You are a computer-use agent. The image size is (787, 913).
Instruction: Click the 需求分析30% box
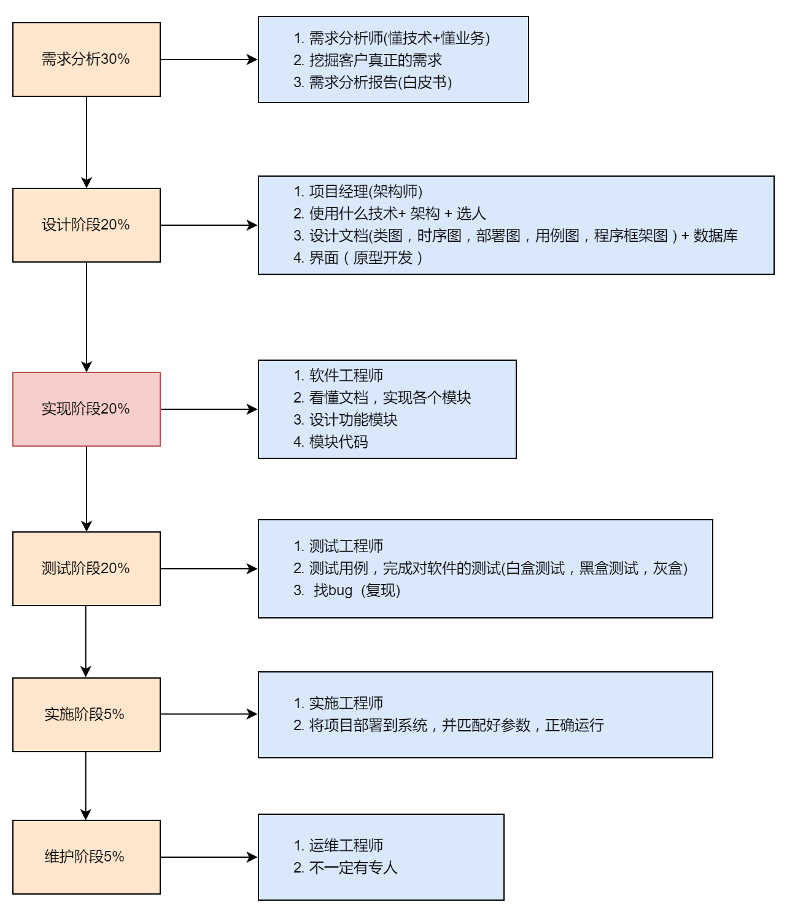pyautogui.click(x=86, y=60)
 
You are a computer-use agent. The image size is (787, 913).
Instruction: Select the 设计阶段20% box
pyautogui.click(x=86, y=225)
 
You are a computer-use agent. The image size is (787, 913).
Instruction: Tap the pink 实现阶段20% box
pyautogui.click(x=86, y=409)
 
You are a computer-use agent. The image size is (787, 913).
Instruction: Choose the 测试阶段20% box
pyautogui.click(x=86, y=569)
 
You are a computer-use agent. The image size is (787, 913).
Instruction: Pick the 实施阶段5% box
pyautogui.click(x=86, y=715)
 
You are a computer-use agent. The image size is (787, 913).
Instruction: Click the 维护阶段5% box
pyautogui.click(x=86, y=857)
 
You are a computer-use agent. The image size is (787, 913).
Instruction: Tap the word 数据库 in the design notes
pyautogui.click(x=715, y=236)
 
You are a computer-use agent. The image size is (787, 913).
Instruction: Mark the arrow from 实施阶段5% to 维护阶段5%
pyautogui.click(x=86, y=786)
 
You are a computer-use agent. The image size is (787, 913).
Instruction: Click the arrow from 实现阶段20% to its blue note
pyautogui.click(x=209, y=409)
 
